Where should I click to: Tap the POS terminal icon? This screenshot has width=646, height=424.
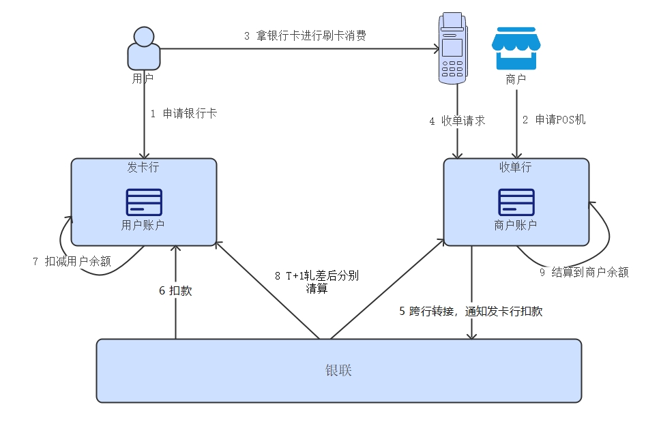click(452, 48)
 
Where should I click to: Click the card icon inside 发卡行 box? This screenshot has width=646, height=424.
click(144, 202)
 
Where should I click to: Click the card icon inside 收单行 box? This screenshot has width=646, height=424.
click(516, 202)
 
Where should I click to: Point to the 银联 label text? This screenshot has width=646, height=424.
click(338, 371)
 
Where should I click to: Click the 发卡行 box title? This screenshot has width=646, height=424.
click(144, 167)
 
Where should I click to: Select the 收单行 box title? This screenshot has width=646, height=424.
click(516, 167)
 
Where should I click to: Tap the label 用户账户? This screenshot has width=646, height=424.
click(143, 225)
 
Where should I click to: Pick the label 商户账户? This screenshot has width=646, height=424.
click(516, 225)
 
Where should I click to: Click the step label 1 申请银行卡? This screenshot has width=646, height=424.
click(183, 114)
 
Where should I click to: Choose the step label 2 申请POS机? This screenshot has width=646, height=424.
click(554, 120)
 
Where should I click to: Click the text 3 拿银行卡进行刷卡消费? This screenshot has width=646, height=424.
click(305, 36)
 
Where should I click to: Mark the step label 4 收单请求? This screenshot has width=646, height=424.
click(457, 121)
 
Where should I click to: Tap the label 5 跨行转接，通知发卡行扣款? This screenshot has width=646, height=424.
click(471, 311)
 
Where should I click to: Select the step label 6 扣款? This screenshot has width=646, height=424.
click(175, 290)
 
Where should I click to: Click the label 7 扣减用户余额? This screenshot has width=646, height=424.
click(72, 261)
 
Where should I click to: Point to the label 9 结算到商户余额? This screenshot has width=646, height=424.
click(584, 272)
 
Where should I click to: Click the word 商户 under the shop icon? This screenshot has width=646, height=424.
click(516, 80)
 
